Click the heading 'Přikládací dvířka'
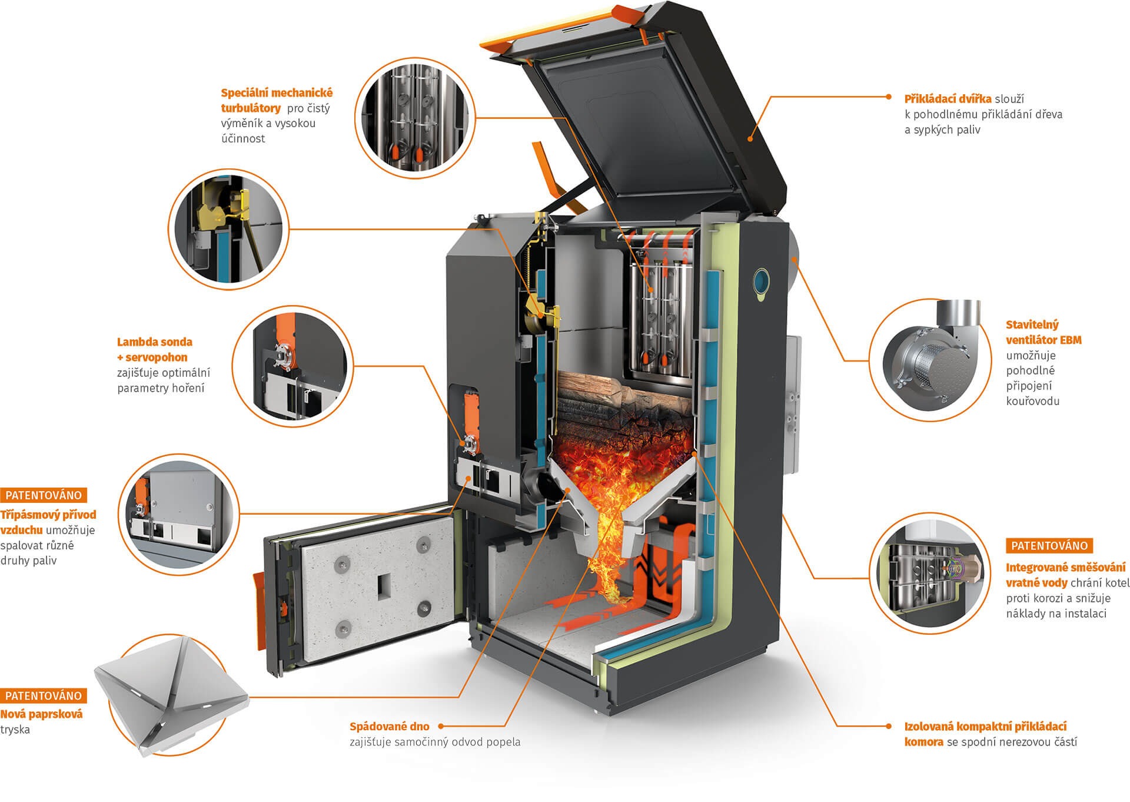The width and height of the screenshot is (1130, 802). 948,98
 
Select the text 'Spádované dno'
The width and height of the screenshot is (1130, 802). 390,727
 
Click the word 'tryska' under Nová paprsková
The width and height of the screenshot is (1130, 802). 15,730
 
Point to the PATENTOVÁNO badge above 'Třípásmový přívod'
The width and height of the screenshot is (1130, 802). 44,495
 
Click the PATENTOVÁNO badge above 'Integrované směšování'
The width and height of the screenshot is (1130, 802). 1049,546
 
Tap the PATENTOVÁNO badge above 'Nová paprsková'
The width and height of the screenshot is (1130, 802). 44,695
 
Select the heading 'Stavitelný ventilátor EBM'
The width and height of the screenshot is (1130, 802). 1043,332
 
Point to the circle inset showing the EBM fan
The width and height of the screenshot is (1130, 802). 927,361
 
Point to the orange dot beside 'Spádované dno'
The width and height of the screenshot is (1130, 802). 440,727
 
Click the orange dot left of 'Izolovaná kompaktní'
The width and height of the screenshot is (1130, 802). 889,727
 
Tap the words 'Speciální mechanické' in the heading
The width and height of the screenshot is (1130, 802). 277,93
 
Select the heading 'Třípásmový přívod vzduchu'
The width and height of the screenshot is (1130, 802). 48,522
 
